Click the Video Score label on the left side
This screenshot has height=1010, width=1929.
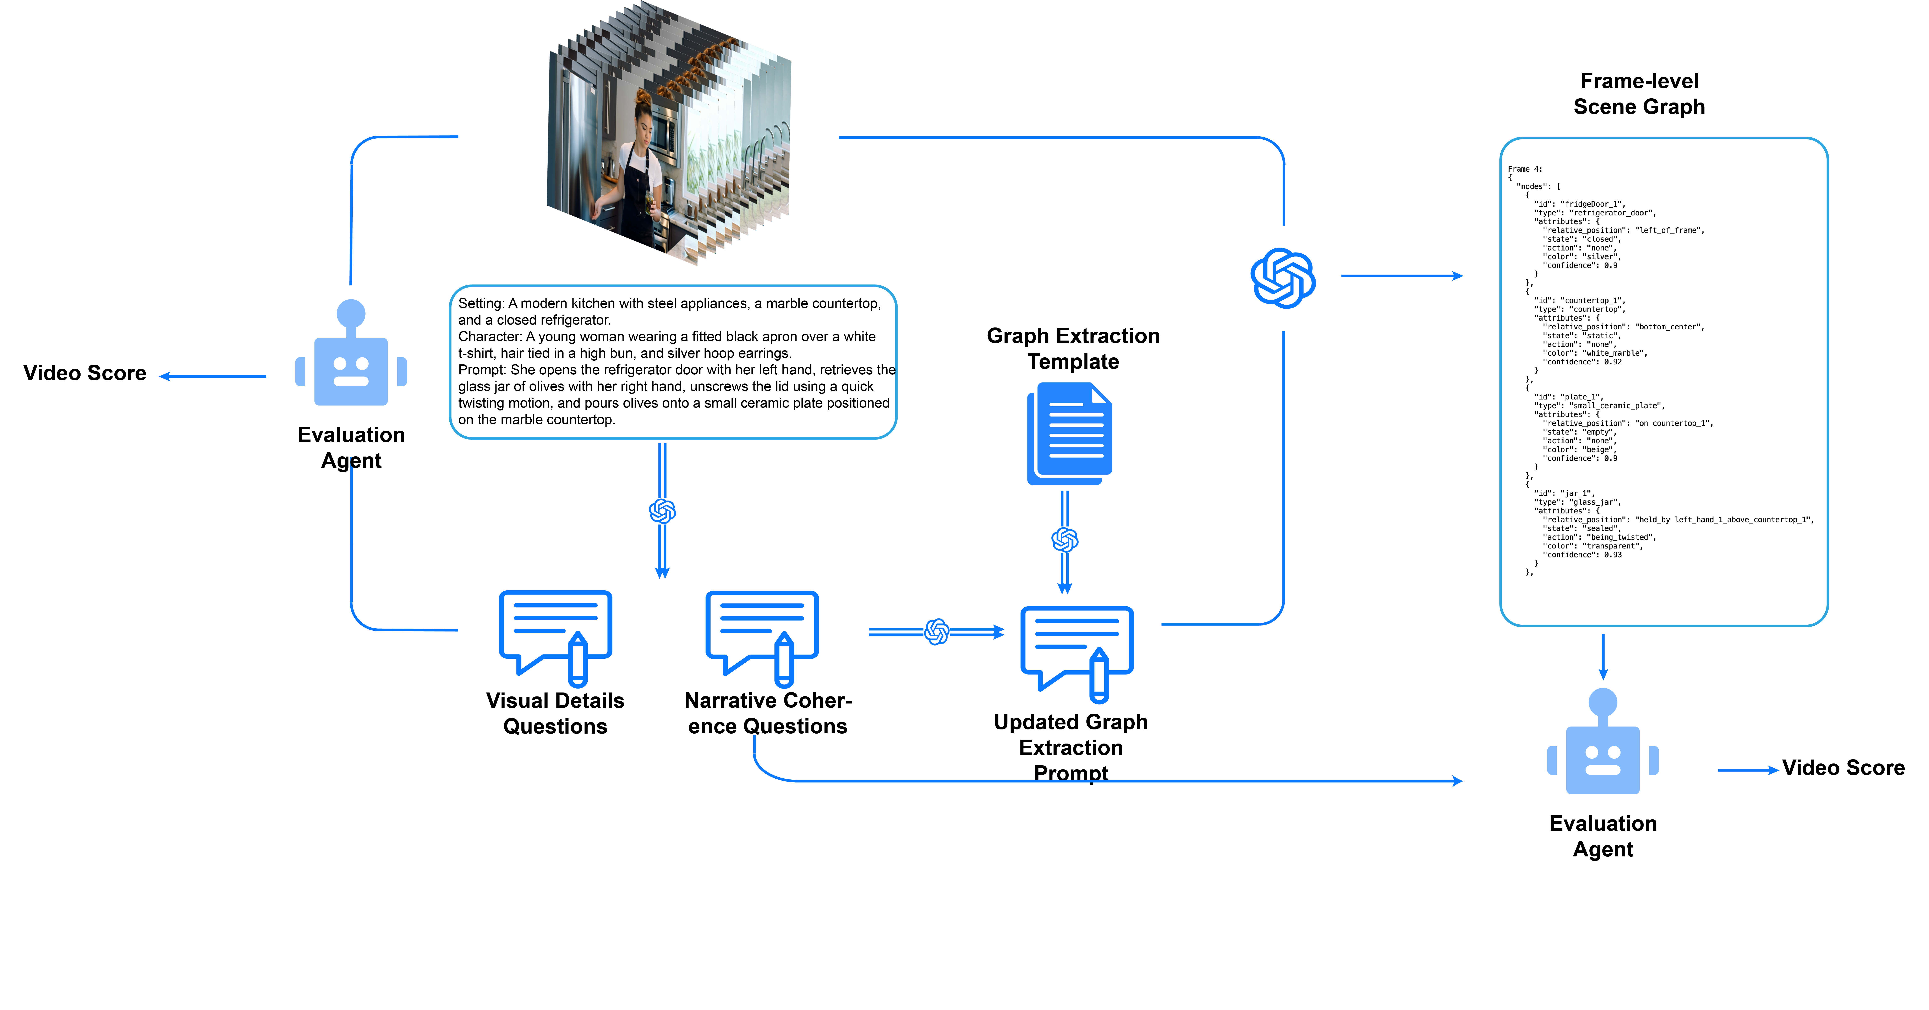point(85,373)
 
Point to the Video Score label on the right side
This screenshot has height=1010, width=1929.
point(1843,767)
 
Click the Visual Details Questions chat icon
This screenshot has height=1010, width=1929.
point(556,636)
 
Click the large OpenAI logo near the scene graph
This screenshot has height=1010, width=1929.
point(1283,278)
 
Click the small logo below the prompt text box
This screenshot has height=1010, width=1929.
point(662,511)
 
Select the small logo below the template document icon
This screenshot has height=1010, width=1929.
point(1065,540)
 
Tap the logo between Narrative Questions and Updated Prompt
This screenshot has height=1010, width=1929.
point(937,632)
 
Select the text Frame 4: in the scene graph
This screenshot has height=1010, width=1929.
point(1525,169)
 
